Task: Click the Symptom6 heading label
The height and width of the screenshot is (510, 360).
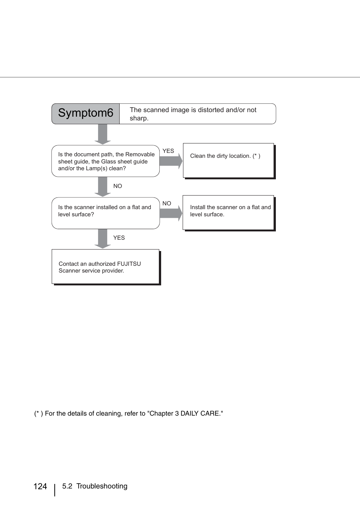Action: coord(86,113)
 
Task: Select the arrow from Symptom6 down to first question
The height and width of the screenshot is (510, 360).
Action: coord(103,134)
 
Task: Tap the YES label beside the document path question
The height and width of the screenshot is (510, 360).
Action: coord(168,151)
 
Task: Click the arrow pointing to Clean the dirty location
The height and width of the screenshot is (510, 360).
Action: coord(171,161)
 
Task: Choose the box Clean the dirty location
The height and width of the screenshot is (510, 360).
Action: coord(228,160)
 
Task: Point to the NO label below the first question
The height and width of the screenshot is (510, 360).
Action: coord(118,186)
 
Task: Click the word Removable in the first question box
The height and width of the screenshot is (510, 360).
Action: coord(140,154)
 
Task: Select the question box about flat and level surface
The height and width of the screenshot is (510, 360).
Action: coord(106,213)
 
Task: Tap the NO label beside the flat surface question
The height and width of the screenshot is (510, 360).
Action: coord(167,203)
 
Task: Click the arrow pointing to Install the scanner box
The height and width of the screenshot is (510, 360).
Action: coord(171,213)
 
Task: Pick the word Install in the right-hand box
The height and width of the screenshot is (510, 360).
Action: coord(198,207)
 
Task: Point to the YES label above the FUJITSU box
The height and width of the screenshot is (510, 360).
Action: coord(119,238)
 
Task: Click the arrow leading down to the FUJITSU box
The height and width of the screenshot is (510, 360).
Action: coord(103,238)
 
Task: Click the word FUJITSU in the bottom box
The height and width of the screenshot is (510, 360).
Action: coord(129,264)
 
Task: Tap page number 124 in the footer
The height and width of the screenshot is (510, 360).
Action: coord(40,487)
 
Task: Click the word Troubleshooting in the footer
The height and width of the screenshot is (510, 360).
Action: coord(102,486)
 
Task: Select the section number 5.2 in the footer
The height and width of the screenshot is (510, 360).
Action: coord(67,486)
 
